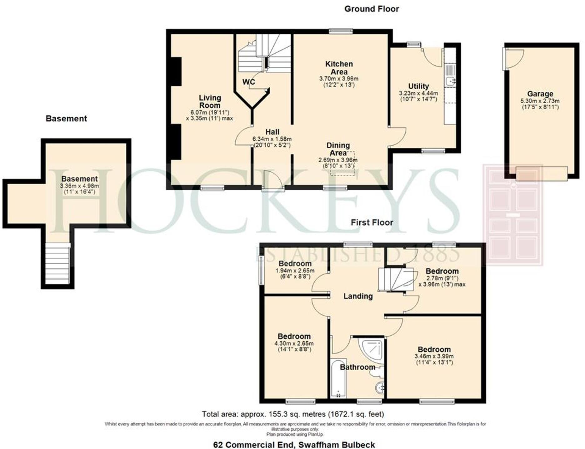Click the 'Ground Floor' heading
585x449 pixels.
click(x=371, y=9)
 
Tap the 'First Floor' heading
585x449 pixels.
click(x=372, y=222)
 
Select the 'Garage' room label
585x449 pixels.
click(x=540, y=94)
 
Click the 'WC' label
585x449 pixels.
click(x=249, y=82)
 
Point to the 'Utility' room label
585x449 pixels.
click(x=418, y=86)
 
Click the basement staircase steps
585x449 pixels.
click(x=57, y=263)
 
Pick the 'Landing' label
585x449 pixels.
click(x=358, y=296)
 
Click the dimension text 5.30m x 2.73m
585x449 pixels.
click(x=540, y=101)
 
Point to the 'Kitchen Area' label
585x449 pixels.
click(x=339, y=68)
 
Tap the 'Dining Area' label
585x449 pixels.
click(x=338, y=149)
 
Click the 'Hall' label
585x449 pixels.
click(x=272, y=132)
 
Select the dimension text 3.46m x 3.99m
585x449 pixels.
click(x=434, y=356)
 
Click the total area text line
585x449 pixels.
click(x=293, y=414)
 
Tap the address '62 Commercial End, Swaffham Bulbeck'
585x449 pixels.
click(x=294, y=444)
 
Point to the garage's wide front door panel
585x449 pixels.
click(x=541, y=174)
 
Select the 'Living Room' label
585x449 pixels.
click(x=210, y=101)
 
